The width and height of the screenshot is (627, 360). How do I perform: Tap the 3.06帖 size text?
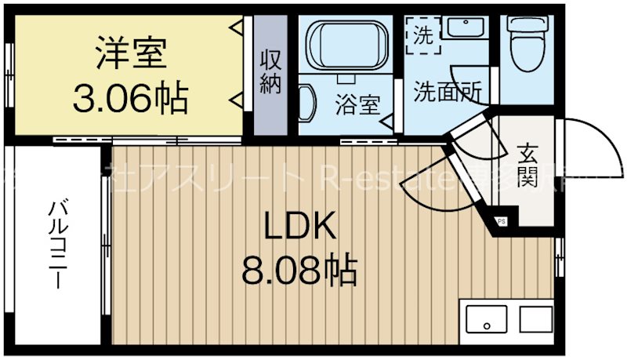point(130,97)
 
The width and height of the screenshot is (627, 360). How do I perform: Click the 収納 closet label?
point(270,72)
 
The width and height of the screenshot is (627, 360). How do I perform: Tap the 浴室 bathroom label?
point(357,104)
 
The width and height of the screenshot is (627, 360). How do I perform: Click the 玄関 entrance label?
point(526,165)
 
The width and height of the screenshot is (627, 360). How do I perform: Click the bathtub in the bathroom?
point(344,49)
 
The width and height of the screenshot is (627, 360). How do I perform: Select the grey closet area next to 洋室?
point(270,75)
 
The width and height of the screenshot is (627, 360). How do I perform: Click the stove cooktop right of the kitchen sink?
point(536,320)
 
